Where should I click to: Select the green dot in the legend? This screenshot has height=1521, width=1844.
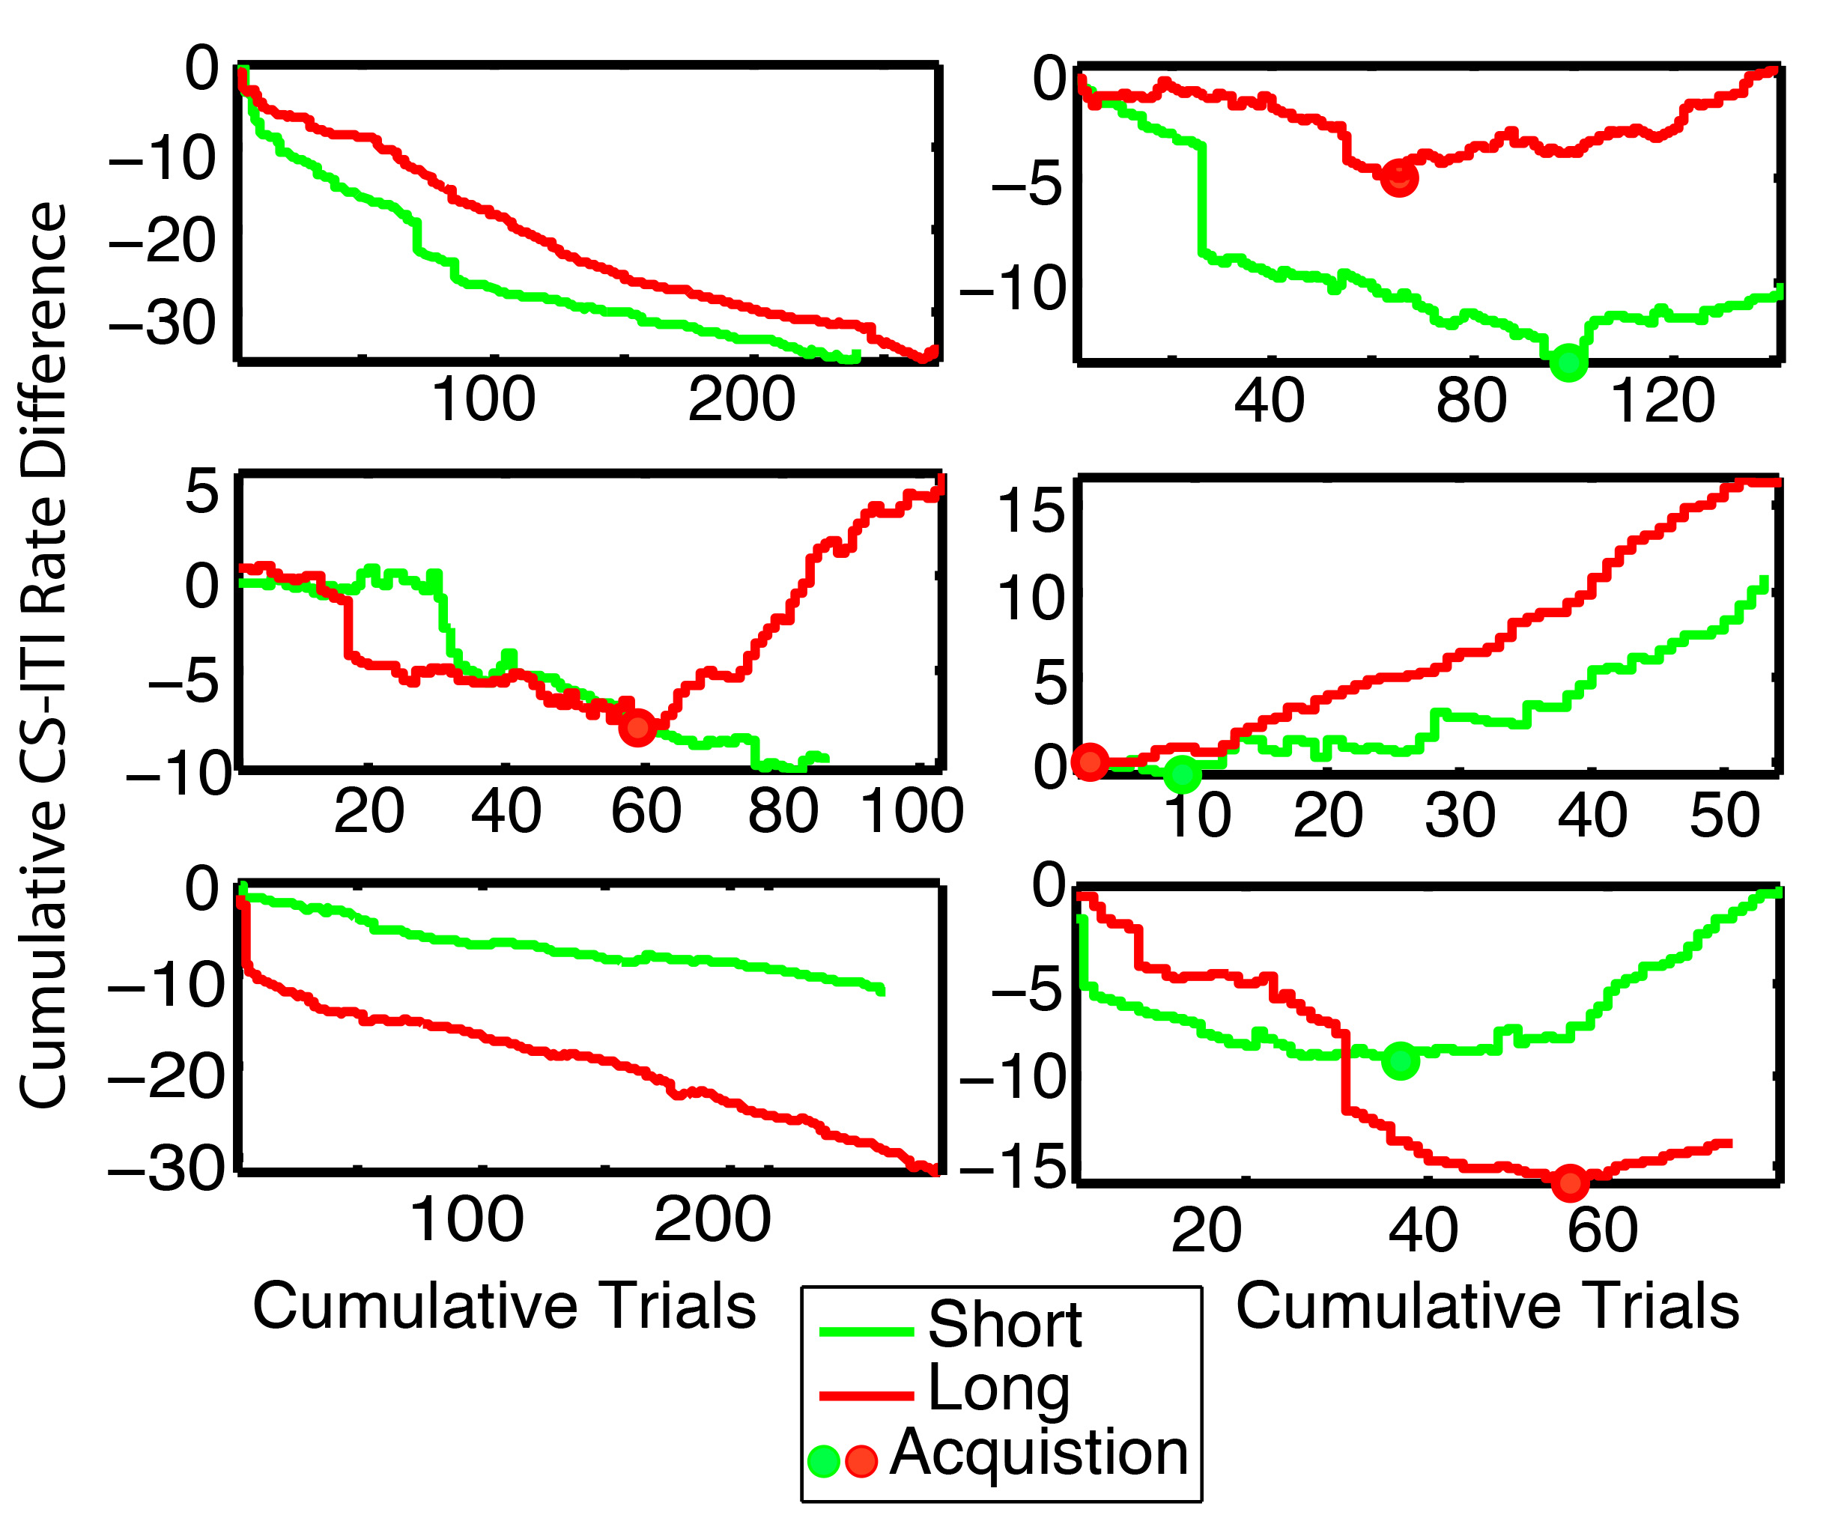(823, 1460)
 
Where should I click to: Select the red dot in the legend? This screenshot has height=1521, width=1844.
(861, 1460)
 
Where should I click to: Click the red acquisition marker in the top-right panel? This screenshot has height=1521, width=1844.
(1399, 177)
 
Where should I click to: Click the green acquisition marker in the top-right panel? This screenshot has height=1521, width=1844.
(1568, 361)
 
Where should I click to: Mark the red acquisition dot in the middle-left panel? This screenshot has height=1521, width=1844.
(637, 727)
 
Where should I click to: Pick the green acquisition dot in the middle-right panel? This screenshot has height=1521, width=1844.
(1183, 774)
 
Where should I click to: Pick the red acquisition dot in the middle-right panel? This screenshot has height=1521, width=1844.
(1091, 762)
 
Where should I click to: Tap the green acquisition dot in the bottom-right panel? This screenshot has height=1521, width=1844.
(1400, 1062)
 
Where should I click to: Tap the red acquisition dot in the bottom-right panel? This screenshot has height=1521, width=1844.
(1571, 1183)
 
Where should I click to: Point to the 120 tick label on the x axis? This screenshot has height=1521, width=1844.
(1663, 401)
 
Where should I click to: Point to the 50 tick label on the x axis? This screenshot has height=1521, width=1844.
(1724, 816)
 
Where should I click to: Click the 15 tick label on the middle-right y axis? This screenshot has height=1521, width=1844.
(1031, 511)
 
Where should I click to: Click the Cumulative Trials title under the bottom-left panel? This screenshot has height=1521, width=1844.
(505, 1306)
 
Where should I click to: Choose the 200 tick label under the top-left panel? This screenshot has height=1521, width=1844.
(741, 399)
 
